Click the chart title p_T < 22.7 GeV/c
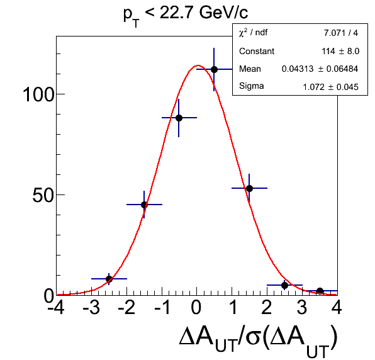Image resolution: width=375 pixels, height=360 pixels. point(186,15)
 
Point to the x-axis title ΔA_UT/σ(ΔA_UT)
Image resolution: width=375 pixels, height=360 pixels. point(258,340)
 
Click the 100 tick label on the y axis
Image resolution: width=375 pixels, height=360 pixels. point(39,95)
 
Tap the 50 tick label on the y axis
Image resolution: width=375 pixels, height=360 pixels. point(43,195)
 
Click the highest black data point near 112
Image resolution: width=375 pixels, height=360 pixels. point(214,70)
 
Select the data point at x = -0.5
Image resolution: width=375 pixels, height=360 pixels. point(179,118)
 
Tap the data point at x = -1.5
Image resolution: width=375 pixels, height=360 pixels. point(144,205)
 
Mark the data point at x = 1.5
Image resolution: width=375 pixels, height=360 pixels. point(249,188)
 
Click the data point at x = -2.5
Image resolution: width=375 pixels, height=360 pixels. point(109,279)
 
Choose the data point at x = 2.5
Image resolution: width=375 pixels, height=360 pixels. point(284,285)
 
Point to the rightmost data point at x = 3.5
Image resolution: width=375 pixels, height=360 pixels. point(320,291)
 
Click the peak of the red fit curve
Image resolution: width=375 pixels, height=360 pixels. point(198,65)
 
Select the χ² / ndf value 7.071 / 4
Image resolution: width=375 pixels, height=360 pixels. point(341,33)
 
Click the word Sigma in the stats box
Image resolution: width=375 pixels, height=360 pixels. point(251,86)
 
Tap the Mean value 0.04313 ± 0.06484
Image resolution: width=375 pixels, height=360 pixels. point(320,69)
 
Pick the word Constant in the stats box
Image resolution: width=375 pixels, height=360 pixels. point(257,51)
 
